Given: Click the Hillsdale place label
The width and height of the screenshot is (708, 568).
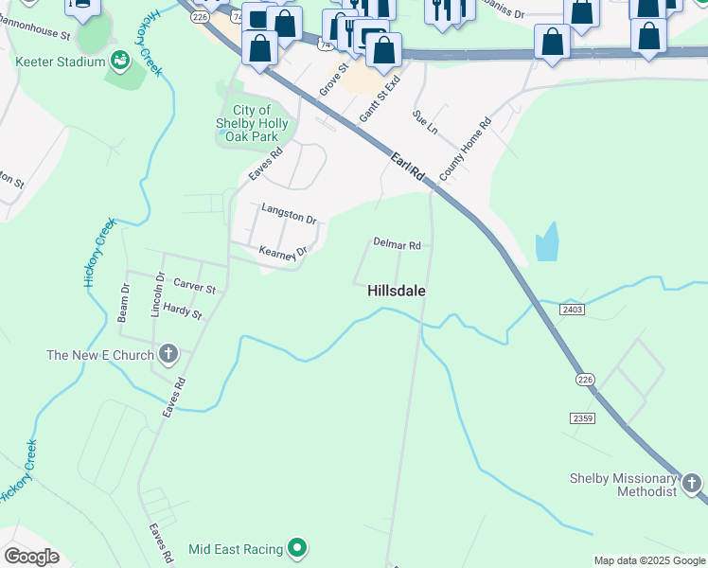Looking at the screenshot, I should [x=396, y=292].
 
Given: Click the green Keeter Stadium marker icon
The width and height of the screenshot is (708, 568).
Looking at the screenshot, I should [x=120, y=62].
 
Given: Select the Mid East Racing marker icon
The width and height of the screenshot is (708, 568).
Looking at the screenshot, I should [x=297, y=548].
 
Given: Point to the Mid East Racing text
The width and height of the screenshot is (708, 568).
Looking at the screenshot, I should [x=236, y=549].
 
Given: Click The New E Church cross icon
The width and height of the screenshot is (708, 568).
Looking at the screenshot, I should [x=168, y=356].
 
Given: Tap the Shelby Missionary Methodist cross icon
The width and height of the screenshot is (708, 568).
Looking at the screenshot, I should [x=693, y=486].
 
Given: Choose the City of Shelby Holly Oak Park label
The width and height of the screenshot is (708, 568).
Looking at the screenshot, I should [x=254, y=124].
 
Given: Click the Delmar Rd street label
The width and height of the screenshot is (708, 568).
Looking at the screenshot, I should [x=397, y=243].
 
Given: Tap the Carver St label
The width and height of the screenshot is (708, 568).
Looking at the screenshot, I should [x=194, y=286].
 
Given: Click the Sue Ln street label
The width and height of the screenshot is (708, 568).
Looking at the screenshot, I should [x=425, y=120].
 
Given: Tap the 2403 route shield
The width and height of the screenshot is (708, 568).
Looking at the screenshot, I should [x=572, y=309].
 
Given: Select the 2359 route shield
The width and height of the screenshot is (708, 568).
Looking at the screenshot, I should [x=582, y=417].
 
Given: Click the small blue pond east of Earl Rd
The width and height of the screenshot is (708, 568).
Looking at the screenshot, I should [x=546, y=242].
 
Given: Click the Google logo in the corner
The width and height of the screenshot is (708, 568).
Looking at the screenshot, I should [x=31, y=557].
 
